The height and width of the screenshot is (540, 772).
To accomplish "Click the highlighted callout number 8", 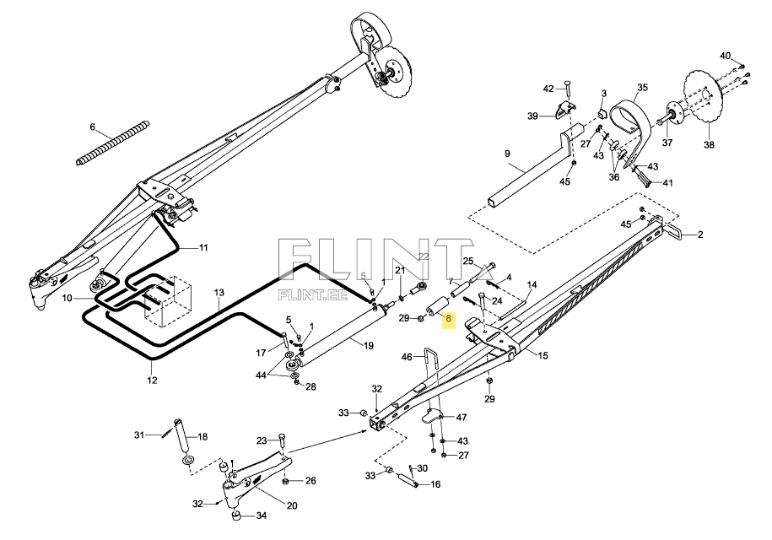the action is [x=448, y=318].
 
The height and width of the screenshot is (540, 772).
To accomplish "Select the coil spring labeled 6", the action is [x=113, y=143].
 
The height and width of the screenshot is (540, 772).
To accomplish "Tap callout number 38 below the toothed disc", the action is [x=709, y=145].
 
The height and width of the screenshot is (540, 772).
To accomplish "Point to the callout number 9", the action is [x=508, y=154].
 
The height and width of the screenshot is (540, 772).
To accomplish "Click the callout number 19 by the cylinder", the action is [x=368, y=346].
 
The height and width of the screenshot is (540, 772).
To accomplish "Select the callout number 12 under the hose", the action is [x=152, y=380].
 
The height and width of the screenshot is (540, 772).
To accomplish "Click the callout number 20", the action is [x=292, y=505].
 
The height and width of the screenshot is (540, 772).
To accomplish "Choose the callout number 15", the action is [x=543, y=355].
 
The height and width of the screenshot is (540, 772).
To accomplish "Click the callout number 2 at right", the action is [x=700, y=235].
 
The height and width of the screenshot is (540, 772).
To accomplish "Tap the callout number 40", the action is [x=726, y=56].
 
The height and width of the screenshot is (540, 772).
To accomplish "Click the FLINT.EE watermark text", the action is [x=313, y=295].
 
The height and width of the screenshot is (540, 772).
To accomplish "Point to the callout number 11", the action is [x=202, y=247].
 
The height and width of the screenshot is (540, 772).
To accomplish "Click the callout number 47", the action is [x=462, y=418].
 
